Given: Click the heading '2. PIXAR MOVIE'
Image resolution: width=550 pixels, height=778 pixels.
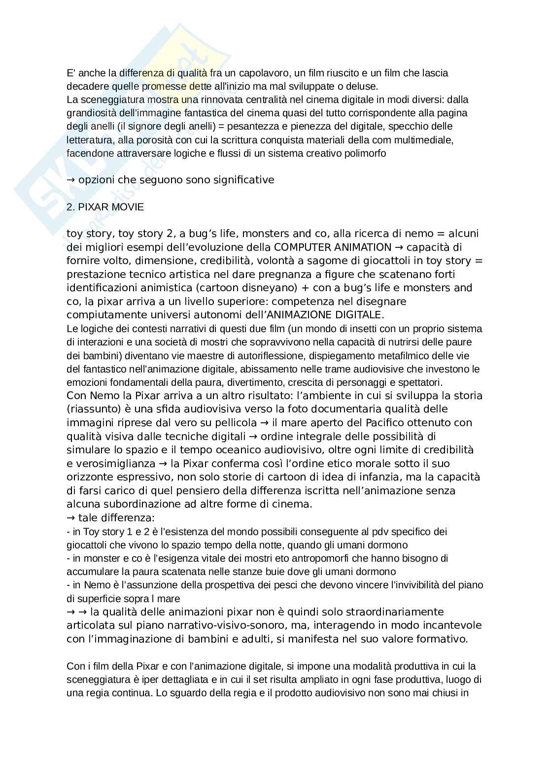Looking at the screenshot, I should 105,207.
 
